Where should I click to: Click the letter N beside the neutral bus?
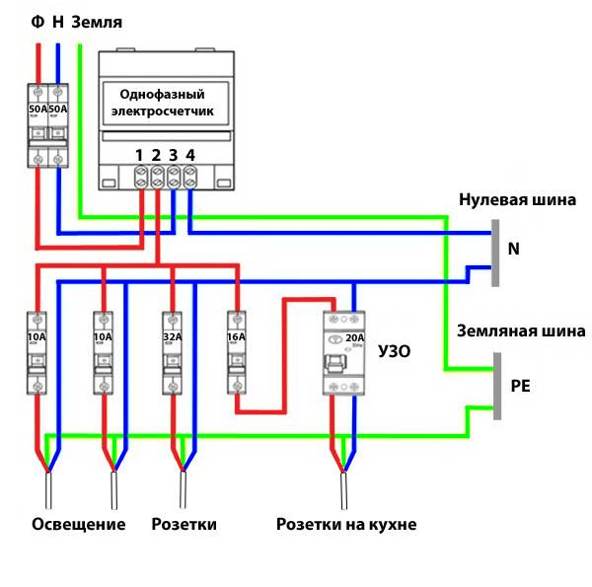[513, 250]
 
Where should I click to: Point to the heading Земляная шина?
[520, 331]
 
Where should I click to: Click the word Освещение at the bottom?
[79, 524]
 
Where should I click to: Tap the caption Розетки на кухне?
[346, 524]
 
